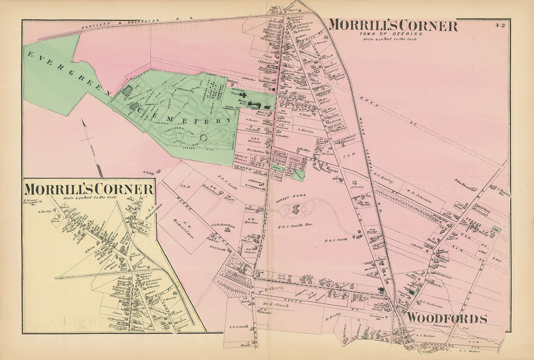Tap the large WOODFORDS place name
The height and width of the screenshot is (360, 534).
point(446,319)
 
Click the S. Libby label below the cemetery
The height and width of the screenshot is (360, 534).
point(148,173)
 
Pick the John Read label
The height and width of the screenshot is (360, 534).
point(462,184)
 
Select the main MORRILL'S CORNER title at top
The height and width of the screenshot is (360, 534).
point(392,26)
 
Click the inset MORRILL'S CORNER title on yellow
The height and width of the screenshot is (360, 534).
point(89,190)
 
